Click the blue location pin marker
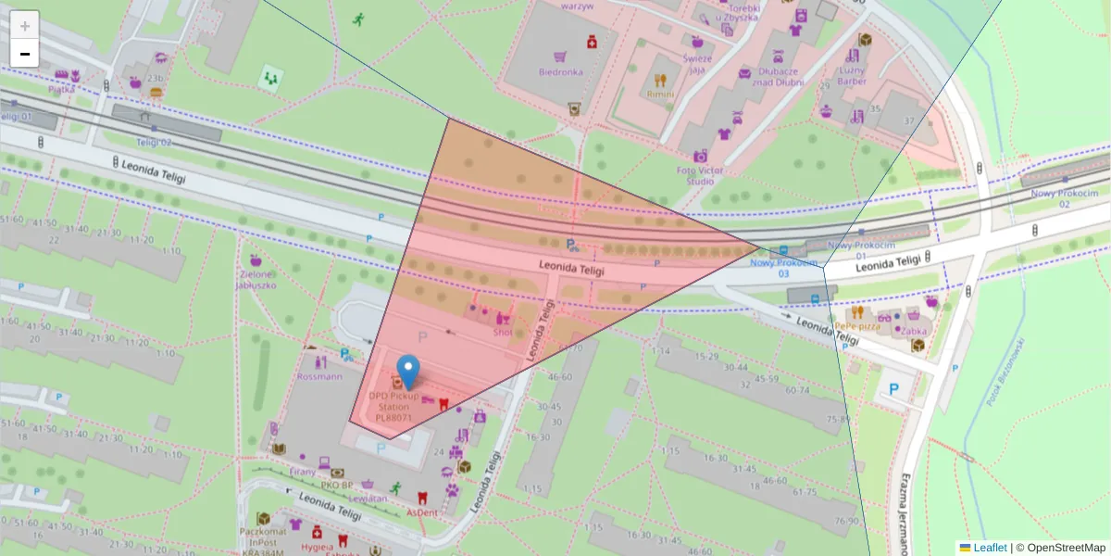click(406, 372)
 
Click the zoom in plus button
click(25, 26)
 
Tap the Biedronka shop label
click(561, 71)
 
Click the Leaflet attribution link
click(990, 548)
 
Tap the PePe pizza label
click(856, 326)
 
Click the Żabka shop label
click(914, 329)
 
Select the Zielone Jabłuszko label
click(256, 280)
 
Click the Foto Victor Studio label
click(700, 175)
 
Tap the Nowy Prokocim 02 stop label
click(1064, 198)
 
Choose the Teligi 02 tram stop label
click(154, 142)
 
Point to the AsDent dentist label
click(421, 512)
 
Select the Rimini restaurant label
click(660, 95)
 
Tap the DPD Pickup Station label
click(394, 407)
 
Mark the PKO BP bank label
click(336, 485)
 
